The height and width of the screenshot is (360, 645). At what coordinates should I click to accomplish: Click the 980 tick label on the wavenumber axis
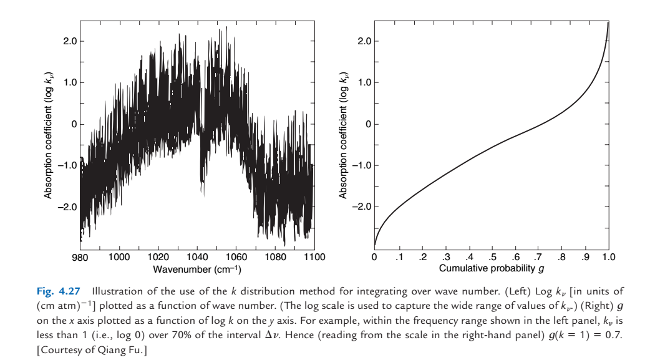pos(80,257)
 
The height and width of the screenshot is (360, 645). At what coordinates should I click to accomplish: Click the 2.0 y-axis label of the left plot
pos(69,42)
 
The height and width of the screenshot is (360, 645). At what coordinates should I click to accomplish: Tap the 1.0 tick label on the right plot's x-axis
pos(609,257)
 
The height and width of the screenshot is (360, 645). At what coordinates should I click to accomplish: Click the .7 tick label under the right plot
pos(538,257)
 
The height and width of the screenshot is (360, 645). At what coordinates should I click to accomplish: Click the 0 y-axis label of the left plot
pos(73,124)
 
